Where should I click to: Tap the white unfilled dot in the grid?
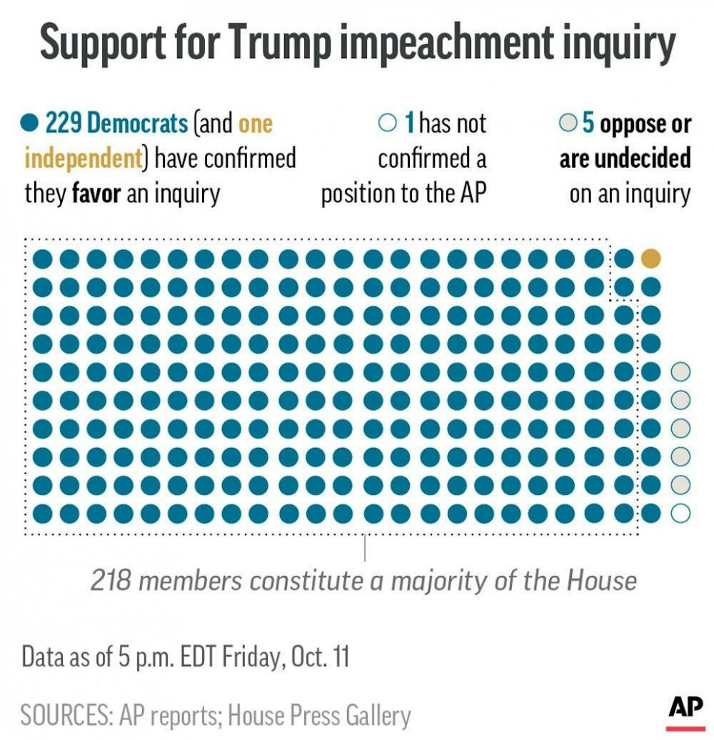pos(680,513)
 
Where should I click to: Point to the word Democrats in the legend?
pos(137,124)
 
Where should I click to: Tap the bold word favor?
pos(96,193)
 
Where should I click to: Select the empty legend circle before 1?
pos(387,124)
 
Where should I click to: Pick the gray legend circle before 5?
pos(568,124)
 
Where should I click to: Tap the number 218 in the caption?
pos(111,580)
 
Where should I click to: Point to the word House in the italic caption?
pos(601,580)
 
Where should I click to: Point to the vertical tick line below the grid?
pos(366,549)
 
